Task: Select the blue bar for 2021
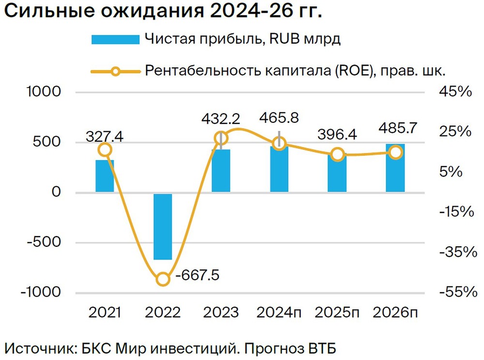click(105, 176)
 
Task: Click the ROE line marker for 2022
click(163, 279)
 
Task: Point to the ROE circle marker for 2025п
click(337, 155)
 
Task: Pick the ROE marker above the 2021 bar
click(105, 150)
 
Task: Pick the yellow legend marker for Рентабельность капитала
click(115, 71)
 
